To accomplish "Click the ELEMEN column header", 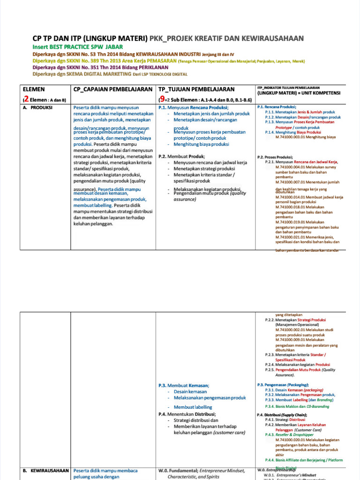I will (34, 89).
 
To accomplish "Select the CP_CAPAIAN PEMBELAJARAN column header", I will (113, 89).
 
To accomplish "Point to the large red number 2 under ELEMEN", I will (26, 99).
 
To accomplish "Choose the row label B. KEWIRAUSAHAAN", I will (45, 470).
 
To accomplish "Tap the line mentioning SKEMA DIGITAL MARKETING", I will (110, 74).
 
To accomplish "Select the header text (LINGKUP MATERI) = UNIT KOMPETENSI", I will (299, 93).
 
